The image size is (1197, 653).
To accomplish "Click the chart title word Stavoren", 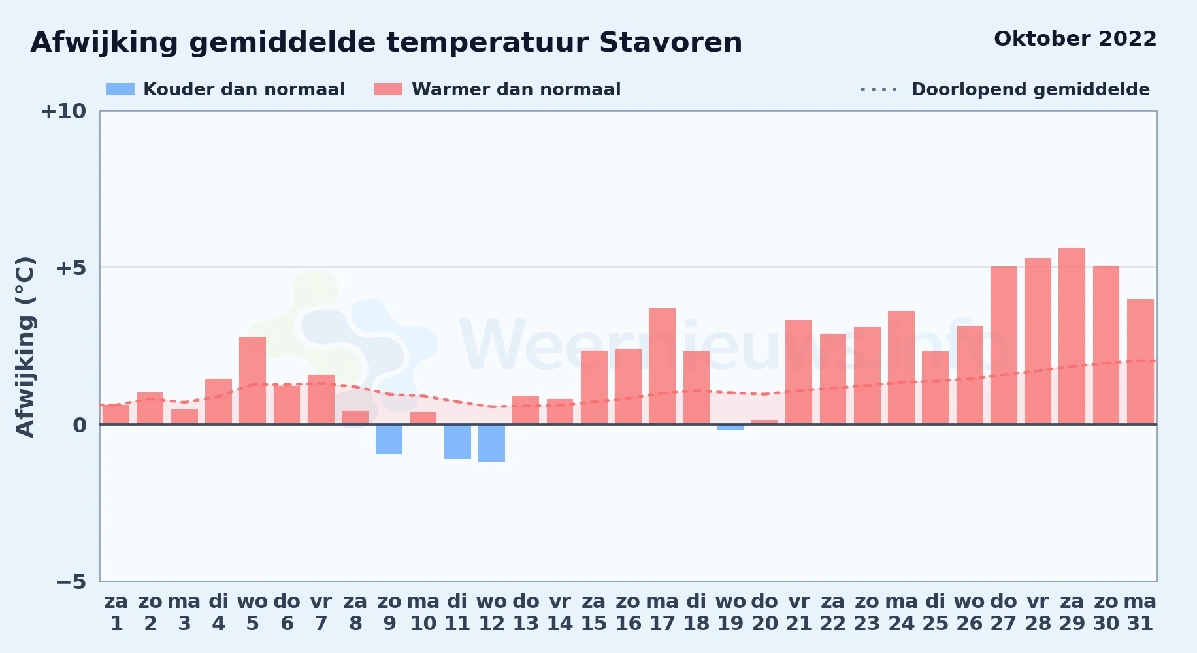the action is [x=670, y=42].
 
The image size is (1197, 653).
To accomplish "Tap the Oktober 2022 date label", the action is [x=1075, y=39].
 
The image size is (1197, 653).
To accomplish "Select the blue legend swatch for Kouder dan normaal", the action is [x=120, y=89].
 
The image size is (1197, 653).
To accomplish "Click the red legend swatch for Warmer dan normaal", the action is [x=389, y=89].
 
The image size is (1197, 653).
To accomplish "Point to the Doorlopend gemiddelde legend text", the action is [x=1030, y=89].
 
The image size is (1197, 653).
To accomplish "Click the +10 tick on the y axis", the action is [x=63, y=111].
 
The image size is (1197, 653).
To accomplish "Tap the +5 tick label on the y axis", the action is [x=71, y=268].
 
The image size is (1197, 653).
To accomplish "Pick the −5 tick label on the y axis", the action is [x=71, y=581].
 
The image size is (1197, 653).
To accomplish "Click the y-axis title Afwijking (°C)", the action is [x=25, y=346].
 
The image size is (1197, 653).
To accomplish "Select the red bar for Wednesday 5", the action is [x=253, y=381].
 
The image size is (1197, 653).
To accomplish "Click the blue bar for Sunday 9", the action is [x=389, y=439].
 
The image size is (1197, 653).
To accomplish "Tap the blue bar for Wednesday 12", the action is [x=492, y=443].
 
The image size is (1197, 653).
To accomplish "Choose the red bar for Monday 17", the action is [x=663, y=366].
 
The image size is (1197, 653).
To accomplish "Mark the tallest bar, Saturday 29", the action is [x=1072, y=336].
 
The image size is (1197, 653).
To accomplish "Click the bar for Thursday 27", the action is [x=1004, y=345].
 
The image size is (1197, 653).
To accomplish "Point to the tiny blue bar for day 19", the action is [x=730, y=427].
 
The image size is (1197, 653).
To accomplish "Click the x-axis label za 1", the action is [x=116, y=613].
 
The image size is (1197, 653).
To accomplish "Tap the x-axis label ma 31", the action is [x=1140, y=613].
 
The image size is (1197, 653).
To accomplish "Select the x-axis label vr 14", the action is [x=560, y=613].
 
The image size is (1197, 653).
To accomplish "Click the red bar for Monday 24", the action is [x=902, y=368].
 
